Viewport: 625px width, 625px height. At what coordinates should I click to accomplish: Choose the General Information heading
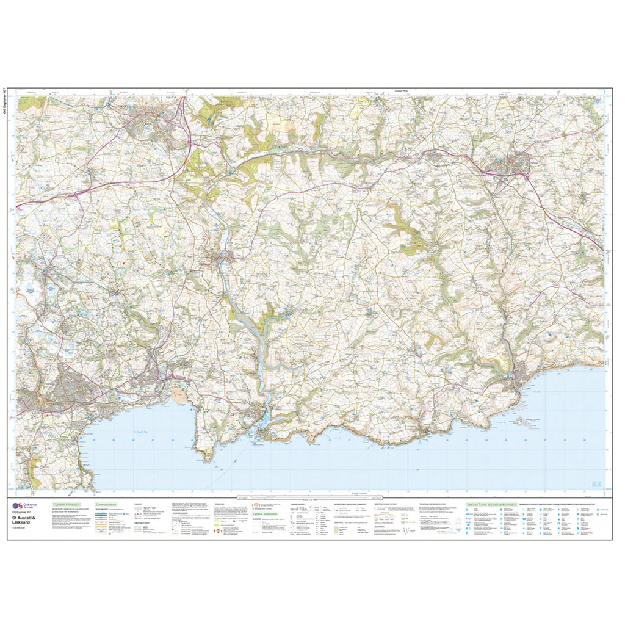265,514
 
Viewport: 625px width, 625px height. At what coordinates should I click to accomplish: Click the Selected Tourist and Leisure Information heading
491,505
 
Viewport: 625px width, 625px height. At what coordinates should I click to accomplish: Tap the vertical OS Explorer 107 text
7,104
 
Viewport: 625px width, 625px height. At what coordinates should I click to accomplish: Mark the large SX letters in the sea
596,484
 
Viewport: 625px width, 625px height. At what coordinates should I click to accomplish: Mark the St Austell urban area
67,385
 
